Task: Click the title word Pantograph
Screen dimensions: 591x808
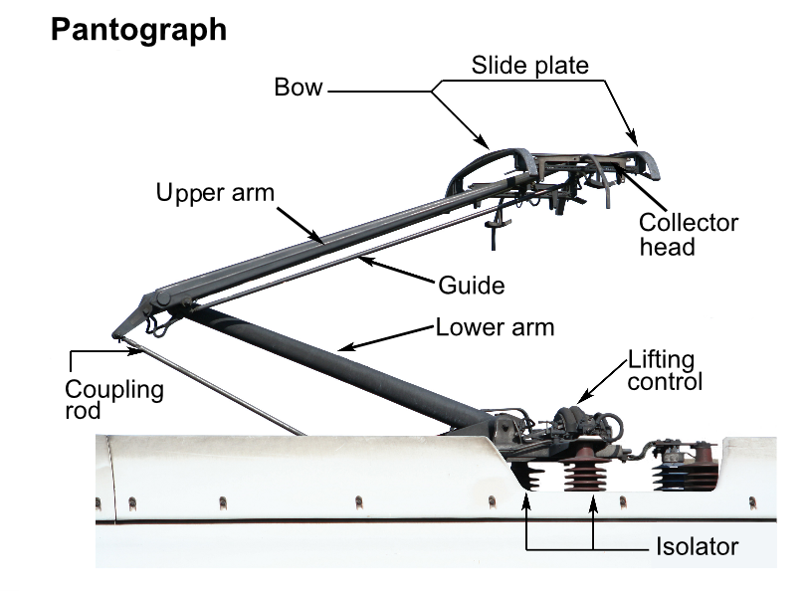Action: coord(138,30)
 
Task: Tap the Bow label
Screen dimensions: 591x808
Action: coord(299,88)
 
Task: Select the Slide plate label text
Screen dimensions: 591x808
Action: coord(529,66)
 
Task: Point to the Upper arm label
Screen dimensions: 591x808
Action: coord(214,192)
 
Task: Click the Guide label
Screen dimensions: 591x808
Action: coord(472,286)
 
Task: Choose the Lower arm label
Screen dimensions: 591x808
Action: coord(495,327)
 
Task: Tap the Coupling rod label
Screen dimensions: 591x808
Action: coord(113,399)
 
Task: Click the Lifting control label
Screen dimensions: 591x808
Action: coord(665,370)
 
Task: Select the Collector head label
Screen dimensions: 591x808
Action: coord(689,234)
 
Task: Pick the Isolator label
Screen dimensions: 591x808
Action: coord(696,546)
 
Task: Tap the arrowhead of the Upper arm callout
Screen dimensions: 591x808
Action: coord(319,241)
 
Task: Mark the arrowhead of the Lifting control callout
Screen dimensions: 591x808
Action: coord(580,400)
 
